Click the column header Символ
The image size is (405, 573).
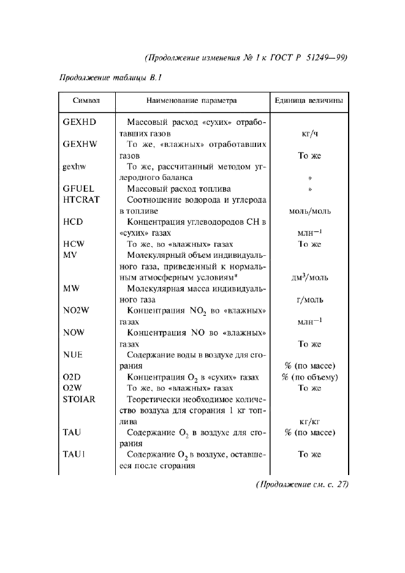pyautogui.click(x=86, y=100)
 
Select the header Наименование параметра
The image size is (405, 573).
pyautogui.click(x=191, y=100)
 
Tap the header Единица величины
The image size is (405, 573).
pyautogui.click(x=309, y=100)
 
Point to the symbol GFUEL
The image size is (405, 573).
pyautogui.click(x=78, y=189)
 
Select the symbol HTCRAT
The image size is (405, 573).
pyautogui.click(x=81, y=200)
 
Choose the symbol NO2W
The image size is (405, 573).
pyautogui.click(x=77, y=310)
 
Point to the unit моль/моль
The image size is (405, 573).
pyautogui.click(x=309, y=211)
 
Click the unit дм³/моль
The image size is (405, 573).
pyautogui.click(x=309, y=277)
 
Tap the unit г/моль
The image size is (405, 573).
pyautogui.click(x=309, y=299)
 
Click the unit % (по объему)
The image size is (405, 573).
pyautogui.click(x=309, y=377)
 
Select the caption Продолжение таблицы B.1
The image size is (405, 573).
pyautogui.click(x=110, y=78)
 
